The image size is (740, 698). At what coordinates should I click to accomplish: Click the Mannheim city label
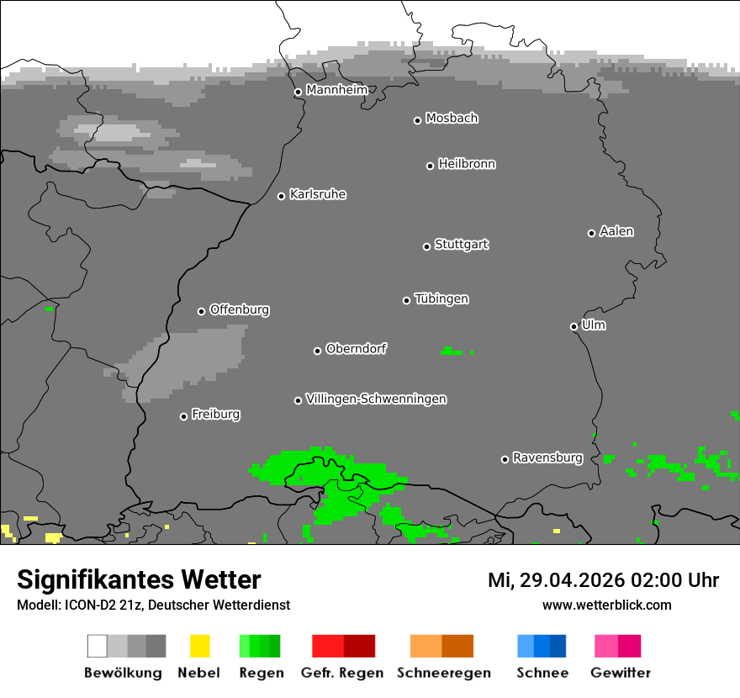click(336, 89)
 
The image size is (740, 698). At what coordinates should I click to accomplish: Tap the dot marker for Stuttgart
click(426, 246)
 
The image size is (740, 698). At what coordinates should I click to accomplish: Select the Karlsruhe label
click(318, 194)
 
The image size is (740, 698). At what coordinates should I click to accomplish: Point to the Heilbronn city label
click(467, 164)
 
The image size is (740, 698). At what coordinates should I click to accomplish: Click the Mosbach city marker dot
click(417, 120)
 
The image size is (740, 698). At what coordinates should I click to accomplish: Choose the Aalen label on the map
click(616, 231)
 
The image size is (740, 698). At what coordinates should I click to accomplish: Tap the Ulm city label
click(594, 325)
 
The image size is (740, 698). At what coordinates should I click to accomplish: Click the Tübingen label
click(441, 299)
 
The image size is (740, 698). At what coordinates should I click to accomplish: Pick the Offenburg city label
click(240, 309)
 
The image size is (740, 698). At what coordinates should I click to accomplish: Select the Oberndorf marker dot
click(317, 351)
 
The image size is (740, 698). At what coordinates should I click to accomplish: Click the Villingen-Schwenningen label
click(376, 399)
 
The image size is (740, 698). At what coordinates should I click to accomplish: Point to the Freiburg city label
click(215, 414)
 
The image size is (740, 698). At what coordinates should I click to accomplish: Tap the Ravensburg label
click(547, 457)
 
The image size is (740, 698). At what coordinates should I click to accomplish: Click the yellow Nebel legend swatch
click(199, 646)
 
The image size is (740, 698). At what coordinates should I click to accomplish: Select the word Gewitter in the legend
click(621, 673)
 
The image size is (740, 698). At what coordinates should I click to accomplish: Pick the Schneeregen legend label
click(444, 673)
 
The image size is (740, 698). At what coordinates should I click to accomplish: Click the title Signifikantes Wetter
click(139, 579)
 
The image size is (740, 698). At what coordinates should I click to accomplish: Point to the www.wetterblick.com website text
click(607, 605)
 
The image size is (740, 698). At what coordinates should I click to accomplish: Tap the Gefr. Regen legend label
click(342, 673)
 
